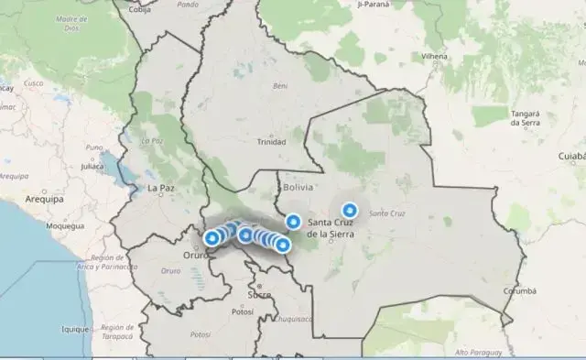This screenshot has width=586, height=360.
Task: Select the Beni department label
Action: (x=281, y=86)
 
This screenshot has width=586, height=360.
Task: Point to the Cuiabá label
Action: (x=568, y=157)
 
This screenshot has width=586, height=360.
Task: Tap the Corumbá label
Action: (x=519, y=291)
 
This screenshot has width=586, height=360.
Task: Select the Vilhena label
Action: (x=434, y=56)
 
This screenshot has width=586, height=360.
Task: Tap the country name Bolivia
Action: (x=298, y=187)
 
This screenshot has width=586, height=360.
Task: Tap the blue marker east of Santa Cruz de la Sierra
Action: (x=349, y=210)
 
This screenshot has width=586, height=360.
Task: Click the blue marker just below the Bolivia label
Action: (x=293, y=221)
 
